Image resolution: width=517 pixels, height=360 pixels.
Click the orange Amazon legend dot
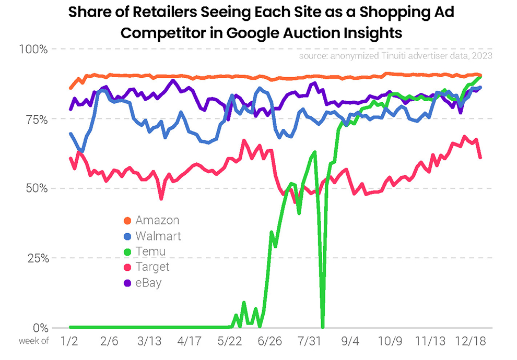click(x=126, y=220)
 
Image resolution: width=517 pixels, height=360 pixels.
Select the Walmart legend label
click(x=158, y=236)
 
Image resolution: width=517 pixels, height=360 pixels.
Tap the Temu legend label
click(x=150, y=251)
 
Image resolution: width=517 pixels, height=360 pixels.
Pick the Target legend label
click(x=152, y=267)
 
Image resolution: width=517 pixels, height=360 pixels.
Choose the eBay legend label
click(x=148, y=283)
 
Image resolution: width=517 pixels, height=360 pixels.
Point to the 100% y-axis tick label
click(x=33, y=50)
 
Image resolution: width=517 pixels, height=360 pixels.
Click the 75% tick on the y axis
click(x=37, y=119)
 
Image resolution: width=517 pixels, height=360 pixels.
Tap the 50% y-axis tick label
click(x=37, y=188)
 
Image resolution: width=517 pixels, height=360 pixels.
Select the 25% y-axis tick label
click(x=37, y=258)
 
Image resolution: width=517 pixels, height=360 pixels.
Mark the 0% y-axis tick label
click(x=40, y=328)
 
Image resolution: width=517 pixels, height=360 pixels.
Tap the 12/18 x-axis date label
click(x=470, y=342)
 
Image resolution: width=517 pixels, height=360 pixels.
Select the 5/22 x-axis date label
click(x=229, y=342)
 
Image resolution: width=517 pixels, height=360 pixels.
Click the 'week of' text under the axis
click(x=33, y=342)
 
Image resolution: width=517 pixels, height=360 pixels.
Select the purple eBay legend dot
click(x=126, y=283)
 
